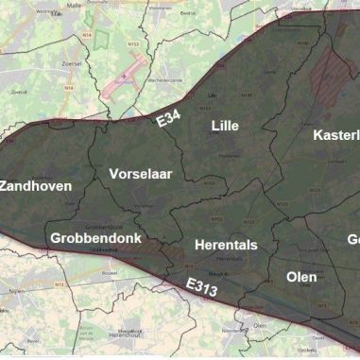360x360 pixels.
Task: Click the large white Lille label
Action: click(x=225, y=126)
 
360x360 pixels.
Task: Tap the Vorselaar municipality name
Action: click(x=141, y=175)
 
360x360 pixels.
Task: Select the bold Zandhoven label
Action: click(x=36, y=186)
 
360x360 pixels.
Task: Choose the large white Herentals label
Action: click(x=225, y=245)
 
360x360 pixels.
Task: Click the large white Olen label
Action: click(x=301, y=277)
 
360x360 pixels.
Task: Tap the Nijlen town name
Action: click(x=12, y=293)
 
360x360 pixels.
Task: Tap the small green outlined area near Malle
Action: click(x=90, y=16)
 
